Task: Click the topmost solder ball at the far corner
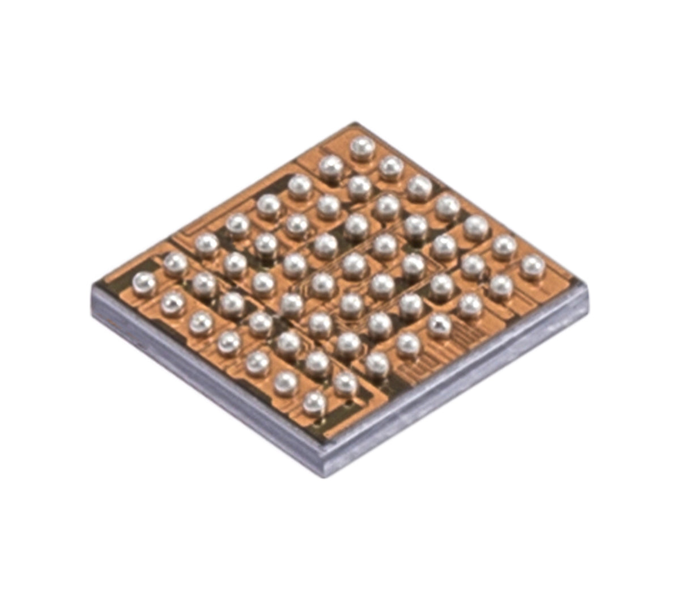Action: point(362,148)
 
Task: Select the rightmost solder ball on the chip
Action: point(532,267)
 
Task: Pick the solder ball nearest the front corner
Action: point(314,403)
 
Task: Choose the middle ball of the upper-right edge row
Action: point(448,206)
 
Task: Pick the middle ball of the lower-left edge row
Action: point(229,342)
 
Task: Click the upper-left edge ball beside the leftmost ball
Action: point(175,264)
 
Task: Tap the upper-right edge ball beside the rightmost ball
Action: point(504,246)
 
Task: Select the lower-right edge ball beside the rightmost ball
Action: point(501,286)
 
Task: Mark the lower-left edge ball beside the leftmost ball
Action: point(173,303)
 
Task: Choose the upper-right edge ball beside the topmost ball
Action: point(391,167)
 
